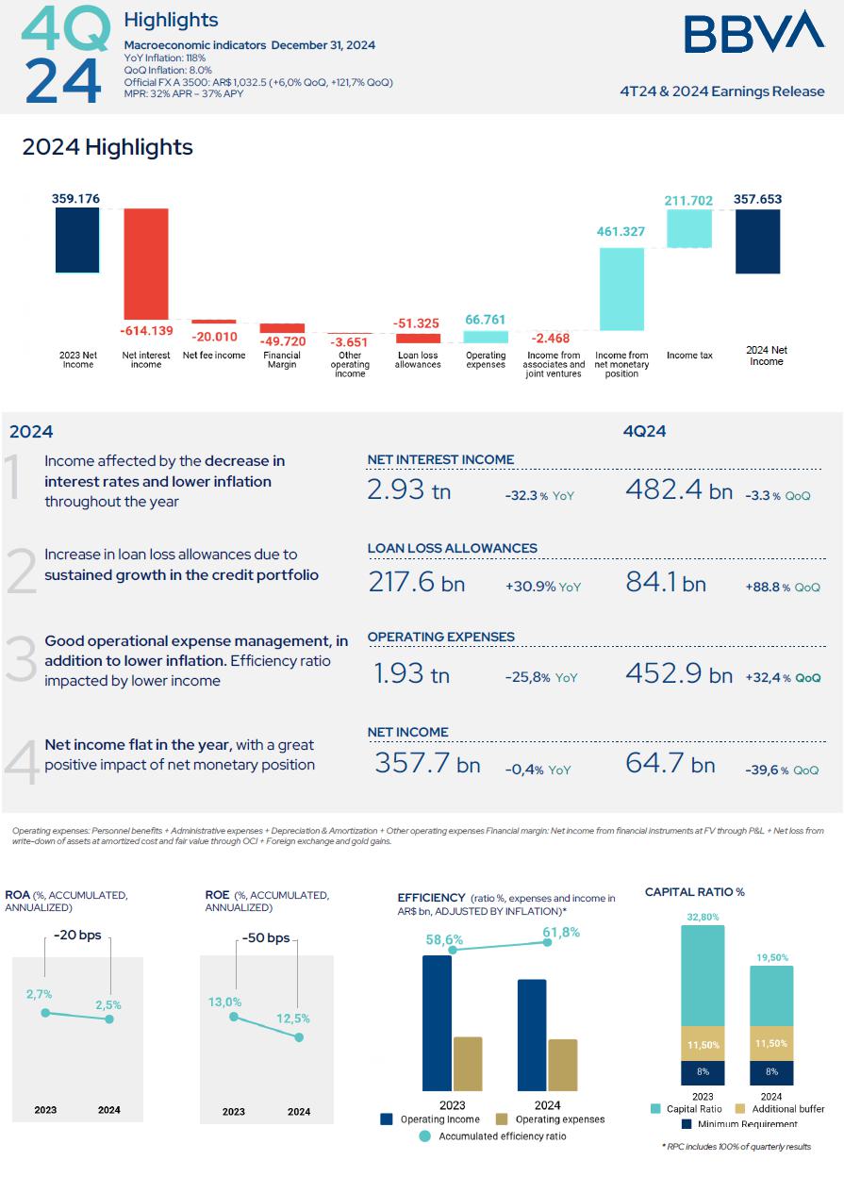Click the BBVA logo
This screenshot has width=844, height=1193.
click(753, 33)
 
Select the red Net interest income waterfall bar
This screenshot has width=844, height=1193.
click(146, 264)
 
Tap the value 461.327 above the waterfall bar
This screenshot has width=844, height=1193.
click(621, 232)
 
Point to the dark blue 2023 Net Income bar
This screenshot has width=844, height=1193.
click(77, 240)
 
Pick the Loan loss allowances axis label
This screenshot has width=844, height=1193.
click(418, 359)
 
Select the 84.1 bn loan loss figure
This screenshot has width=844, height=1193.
click(665, 583)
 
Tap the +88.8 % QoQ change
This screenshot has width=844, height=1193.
click(782, 587)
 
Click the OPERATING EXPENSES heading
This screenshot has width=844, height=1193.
click(440, 637)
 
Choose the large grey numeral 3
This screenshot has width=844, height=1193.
click(21, 660)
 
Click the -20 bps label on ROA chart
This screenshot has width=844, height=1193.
click(77, 936)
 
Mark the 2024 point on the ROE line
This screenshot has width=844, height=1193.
click(299, 1037)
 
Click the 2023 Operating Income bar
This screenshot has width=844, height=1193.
click(437, 1023)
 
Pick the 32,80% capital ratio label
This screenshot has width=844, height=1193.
click(703, 916)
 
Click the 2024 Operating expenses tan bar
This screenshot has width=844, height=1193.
click(564, 1065)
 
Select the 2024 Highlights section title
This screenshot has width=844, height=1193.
click(108, 147)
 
